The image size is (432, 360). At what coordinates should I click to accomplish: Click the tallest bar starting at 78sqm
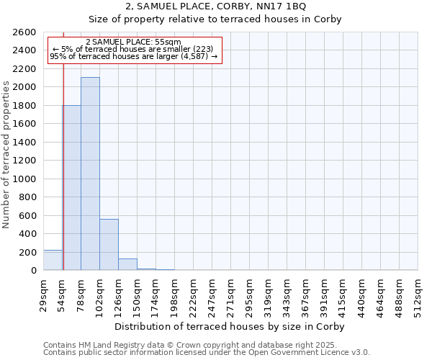point(90,174)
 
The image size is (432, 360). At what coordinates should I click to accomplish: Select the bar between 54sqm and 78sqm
point(71,187)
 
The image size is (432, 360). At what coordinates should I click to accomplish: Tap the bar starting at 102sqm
point(109,244)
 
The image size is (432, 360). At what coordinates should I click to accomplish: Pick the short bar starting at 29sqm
point(53,260)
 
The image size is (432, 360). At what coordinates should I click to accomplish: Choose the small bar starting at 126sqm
point(127,264)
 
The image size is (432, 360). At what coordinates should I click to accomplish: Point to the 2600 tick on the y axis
point(26,32)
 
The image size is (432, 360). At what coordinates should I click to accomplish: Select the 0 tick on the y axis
point(33,271)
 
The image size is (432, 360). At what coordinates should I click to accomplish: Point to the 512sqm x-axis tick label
point(418,294)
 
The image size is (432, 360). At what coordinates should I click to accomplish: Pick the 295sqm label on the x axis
point(250,294)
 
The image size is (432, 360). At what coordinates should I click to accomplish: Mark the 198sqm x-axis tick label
point(175,294)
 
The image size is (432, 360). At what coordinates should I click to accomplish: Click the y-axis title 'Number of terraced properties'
point(6,155)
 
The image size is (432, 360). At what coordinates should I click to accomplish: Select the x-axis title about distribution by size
point(230,326)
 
